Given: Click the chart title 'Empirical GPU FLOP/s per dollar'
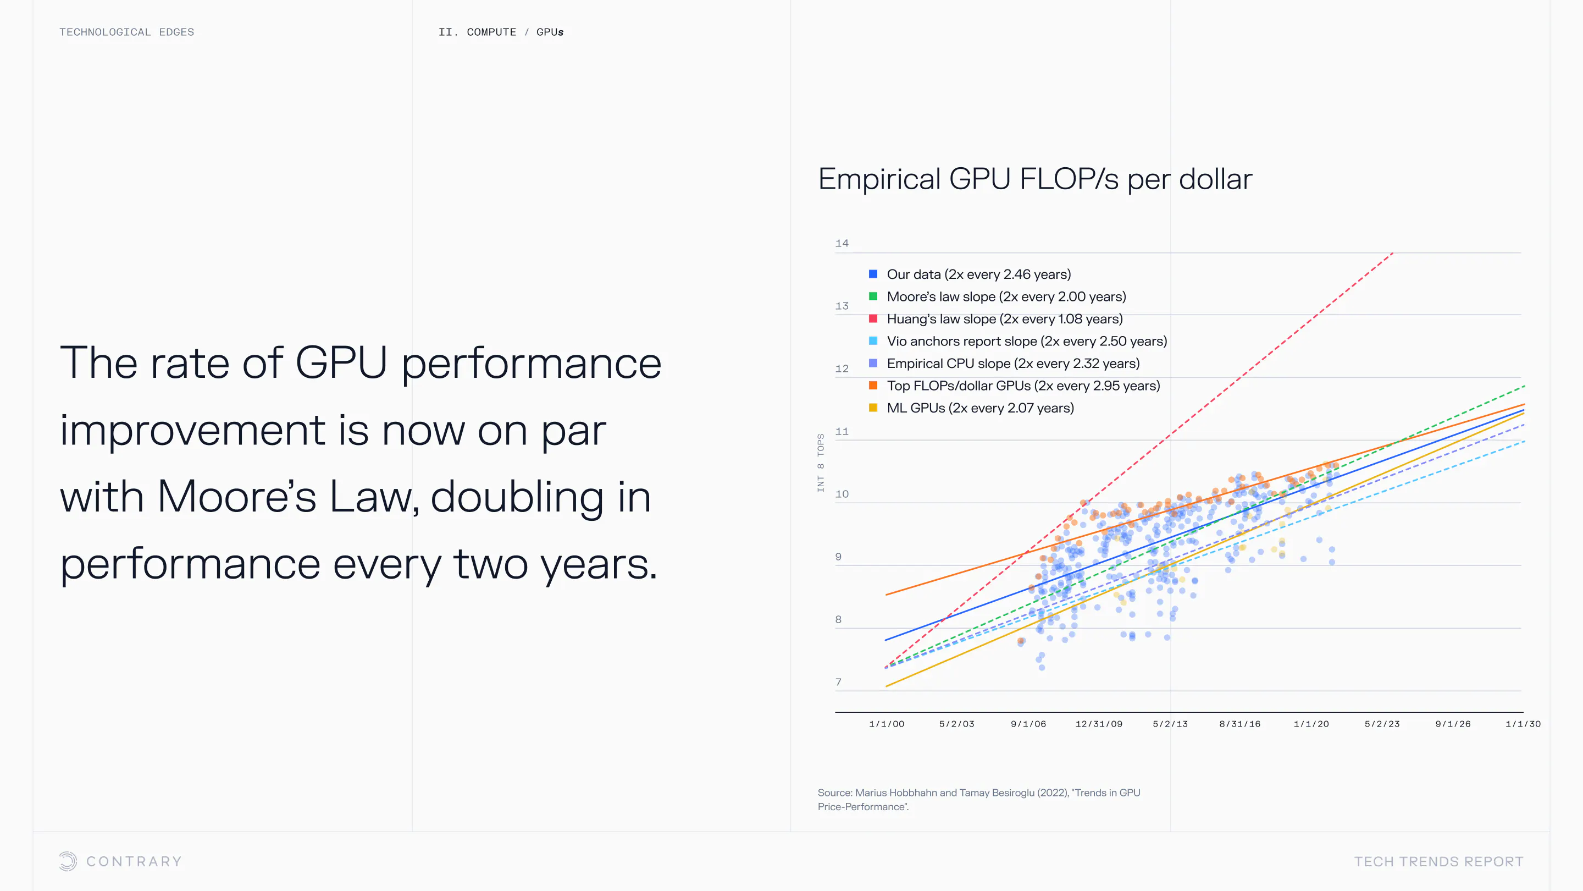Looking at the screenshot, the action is [x=1035, y=179].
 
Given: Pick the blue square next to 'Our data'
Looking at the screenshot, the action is [x=873, y=274].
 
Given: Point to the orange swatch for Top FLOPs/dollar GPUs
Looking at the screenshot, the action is [x=873, y=386].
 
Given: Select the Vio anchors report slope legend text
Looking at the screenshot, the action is [x=1026, y=341].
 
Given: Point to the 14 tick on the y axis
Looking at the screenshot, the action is [x=842, y=244].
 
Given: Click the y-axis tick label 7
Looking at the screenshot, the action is [x=838, y=682].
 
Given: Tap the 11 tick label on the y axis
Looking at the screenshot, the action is [x=842, y=432].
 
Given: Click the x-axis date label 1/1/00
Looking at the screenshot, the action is [x=887, y=724].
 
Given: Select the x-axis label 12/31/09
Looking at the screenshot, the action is [x=1099, y=724].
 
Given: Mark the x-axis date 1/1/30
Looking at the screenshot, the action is [x=1523, y=724].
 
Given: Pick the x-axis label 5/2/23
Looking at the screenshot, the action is [x=1382, y=724].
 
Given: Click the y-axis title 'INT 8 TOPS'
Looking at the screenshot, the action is [x=821, y=463].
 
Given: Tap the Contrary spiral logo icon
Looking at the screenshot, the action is [x=68, y=861].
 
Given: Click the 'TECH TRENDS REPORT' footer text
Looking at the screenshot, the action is [x=1438, y=861].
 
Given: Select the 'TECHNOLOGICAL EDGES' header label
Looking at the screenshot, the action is [x=126, y=32].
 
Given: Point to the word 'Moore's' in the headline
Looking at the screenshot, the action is [x=236, y=496].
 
